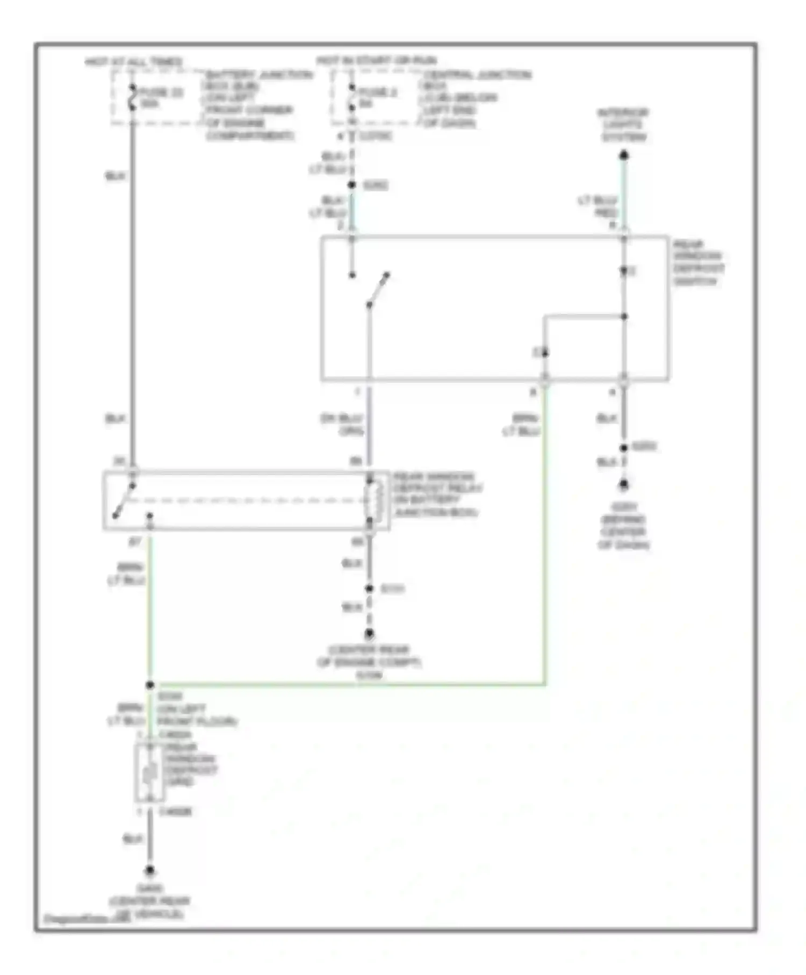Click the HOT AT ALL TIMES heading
pos(133,61)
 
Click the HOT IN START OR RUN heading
pos(376,60)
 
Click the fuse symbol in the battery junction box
pos(132,97)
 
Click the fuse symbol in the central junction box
pos(351,97)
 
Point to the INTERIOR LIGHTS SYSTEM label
pos(623,125)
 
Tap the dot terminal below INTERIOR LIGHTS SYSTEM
pos(623,156)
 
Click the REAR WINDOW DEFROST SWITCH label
pos(697,262)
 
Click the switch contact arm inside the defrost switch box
pos(378,290)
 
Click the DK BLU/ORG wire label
pos(342,424)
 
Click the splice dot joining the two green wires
pos(150,685)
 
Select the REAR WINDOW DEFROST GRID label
pos(189,764)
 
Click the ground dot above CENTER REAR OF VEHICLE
pos(150,870)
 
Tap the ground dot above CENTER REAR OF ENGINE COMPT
pos(369,634)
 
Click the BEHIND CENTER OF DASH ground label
pos(623,526)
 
